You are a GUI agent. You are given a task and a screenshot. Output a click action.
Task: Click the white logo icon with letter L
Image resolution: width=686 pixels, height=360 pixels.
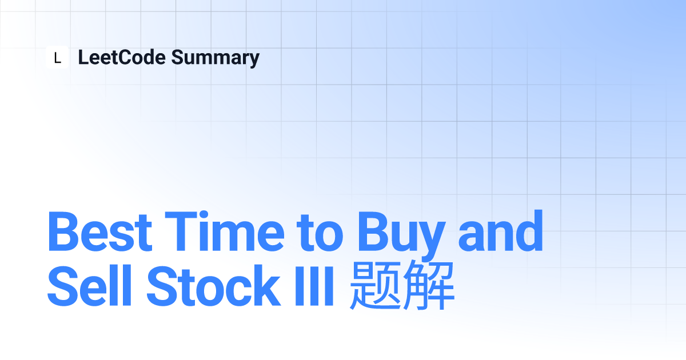[x=57, y=57]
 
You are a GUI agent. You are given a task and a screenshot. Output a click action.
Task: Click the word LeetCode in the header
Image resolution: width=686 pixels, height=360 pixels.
[x=122, y=57]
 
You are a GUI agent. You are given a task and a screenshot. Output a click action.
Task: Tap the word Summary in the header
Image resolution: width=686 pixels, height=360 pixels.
[x=216, y=58]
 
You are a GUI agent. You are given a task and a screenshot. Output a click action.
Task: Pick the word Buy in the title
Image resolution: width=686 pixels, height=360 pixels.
[x=401, y=235]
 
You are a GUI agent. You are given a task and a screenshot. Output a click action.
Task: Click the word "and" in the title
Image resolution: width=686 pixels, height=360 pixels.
[x=500, y=230]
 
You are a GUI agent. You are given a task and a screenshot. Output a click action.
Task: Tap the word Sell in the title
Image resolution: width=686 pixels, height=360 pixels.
[x=89, y=285]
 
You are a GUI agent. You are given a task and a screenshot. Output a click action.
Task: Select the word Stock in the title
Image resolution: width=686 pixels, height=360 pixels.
[x=214, y=285]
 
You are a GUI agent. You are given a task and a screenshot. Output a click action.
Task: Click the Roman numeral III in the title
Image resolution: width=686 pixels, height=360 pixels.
[x=314, y=286]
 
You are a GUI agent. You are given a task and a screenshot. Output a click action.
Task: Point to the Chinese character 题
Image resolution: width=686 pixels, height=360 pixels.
[x=375, y=285]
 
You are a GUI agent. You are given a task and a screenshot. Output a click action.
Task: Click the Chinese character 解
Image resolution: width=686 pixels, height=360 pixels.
[x=429, y=285]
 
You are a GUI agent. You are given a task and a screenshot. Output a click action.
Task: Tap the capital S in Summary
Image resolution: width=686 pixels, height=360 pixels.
[x=179, y=57]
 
